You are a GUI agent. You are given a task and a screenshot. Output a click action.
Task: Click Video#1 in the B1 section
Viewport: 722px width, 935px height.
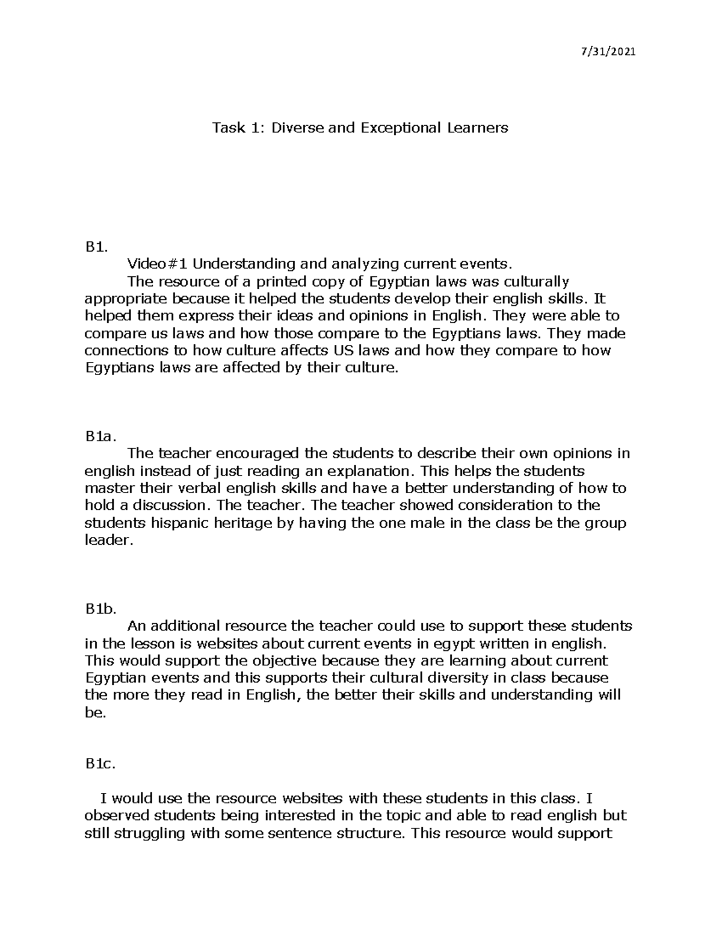click(x=157, y=264)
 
